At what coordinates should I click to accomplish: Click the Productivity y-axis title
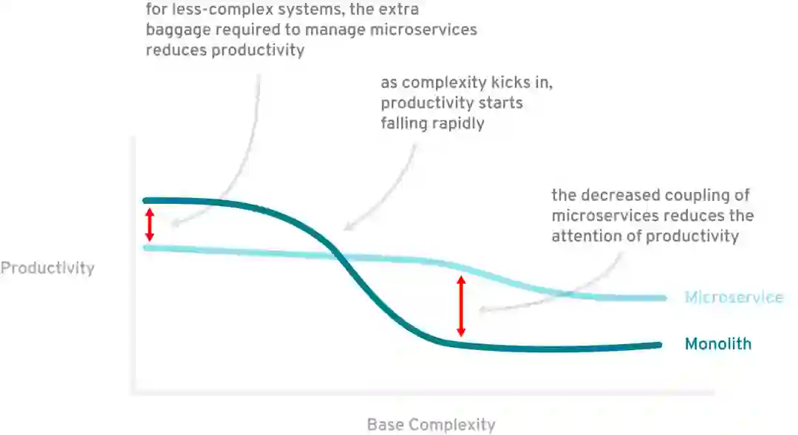[x=47, y=267]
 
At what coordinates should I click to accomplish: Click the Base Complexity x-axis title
[x=431, y=425]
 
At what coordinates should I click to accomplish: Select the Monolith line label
[x=717, y=343]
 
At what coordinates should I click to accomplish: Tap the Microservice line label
[x=733, y=298]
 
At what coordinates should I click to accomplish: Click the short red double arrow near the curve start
[x=150, y=224]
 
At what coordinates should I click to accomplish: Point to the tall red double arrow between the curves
[x=461, y=306]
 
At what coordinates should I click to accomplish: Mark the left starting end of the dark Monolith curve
[x=146, y=200]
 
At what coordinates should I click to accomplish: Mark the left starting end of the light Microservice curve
[x=146, y=247]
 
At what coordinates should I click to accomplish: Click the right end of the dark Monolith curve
[x=659, y=344]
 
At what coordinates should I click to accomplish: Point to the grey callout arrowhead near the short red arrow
[x=172, y=225]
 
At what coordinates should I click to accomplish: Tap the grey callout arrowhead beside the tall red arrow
[x=482, y=310]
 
